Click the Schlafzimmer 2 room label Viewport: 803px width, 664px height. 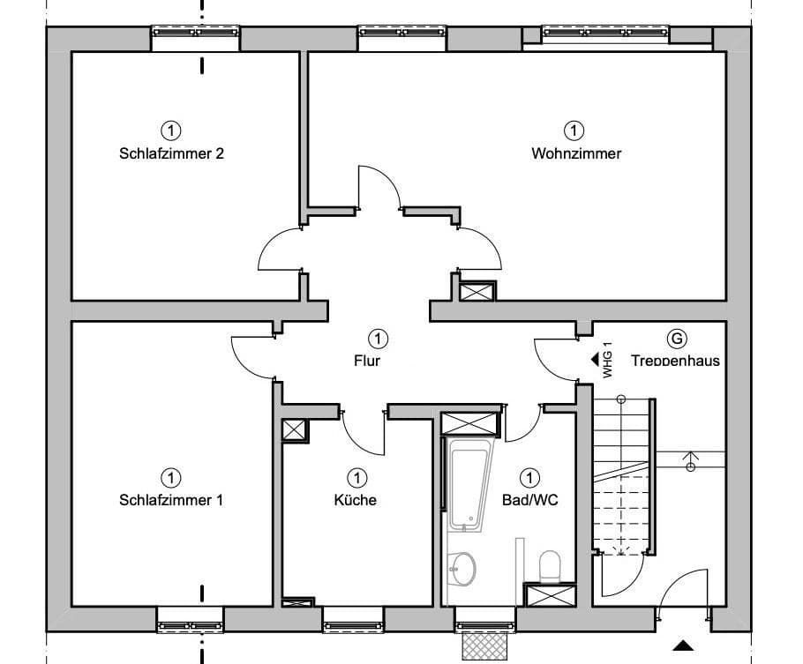pyautogui.click(x=171, y=153)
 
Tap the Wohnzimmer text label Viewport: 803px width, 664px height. pyautogui.click(x=576, y=153)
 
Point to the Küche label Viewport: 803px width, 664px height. pyautogui.click(x=356, y=500)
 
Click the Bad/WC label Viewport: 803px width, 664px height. pyautogui.click(x=529, y=500)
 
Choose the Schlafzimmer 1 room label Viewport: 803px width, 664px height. pyautogui.click(x=171, y=500)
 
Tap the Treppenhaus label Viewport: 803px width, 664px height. pyautogui.click(x=675, y=361)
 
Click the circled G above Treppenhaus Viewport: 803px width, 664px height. pyautogui.click(x=677, y=339)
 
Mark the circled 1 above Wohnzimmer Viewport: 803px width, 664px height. pyautogui.click(x=574, y=131)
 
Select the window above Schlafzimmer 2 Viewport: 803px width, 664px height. pyautogui.click(x=195, y=32)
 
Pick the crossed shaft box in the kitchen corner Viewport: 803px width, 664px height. pyautogui.click(x=295, y=429)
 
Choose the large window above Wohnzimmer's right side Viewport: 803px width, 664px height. pyautogui.click(x=605, y=34)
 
